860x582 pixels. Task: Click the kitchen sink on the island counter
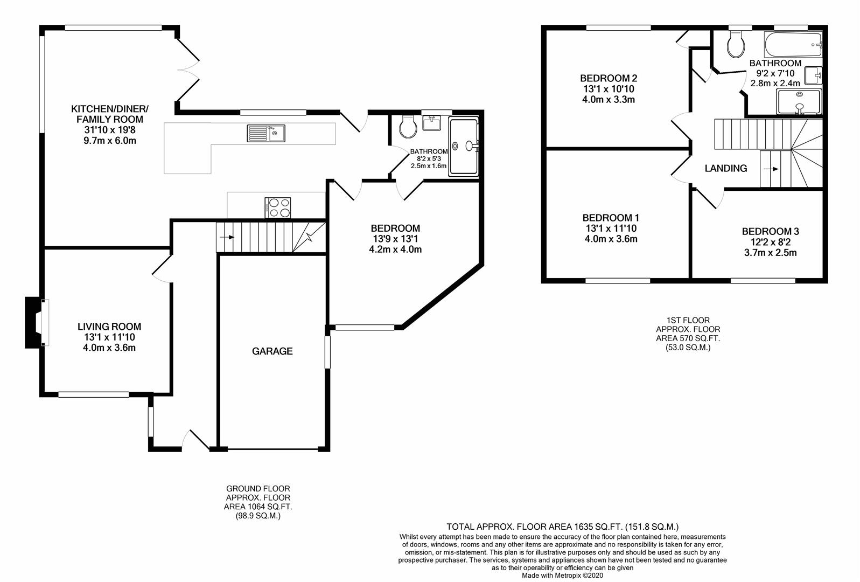tap(266, 133)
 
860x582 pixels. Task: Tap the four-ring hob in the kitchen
tap(278, 207)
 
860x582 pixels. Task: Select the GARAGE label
tap(272, 351)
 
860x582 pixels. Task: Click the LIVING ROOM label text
tap(109, 327)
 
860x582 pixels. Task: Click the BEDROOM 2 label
tap(609, 78)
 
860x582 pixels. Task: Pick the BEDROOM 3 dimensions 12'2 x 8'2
tap(771, 242)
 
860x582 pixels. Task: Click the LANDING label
tap(726, 169)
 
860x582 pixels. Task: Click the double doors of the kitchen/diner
tap(188, 68)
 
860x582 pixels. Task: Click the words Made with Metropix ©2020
tap(562, 576)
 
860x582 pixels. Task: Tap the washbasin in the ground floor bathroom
tap(431, 123)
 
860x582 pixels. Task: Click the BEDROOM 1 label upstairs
tap(611, 218)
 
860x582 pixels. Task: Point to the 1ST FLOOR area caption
tap(688, 334)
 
